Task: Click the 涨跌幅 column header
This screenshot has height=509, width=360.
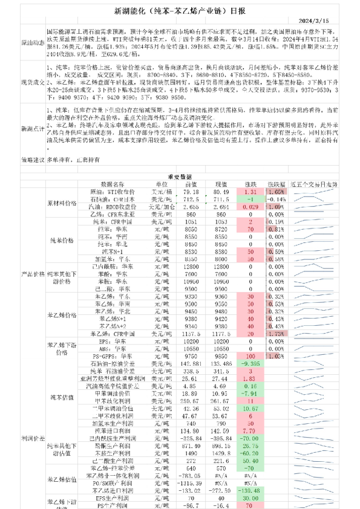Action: click(x=275, y=183)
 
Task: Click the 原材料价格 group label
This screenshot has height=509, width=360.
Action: click(x=62, y=203)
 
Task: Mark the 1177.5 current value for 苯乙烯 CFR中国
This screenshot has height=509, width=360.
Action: click(x=220, y=333)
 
